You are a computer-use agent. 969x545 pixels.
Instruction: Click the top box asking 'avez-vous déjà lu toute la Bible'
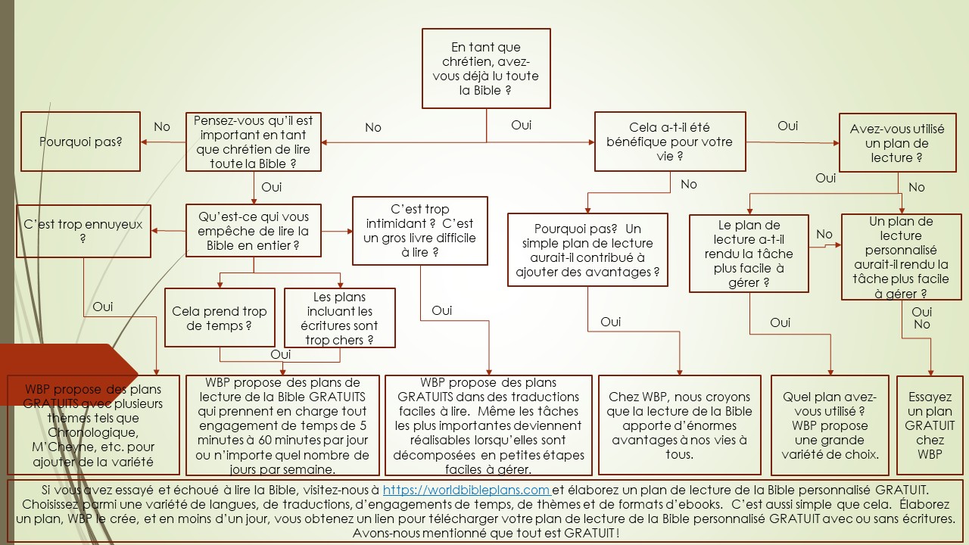(485, 69)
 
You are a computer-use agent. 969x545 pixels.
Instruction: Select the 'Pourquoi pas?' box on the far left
(80, 142)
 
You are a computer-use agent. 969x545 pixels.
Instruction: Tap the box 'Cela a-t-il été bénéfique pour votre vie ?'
(669, 142)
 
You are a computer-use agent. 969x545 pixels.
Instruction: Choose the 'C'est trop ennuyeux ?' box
(83, 231)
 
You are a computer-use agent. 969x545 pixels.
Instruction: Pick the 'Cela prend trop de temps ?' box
(220, 319)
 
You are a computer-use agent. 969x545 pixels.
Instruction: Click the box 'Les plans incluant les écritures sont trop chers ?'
(339, 318)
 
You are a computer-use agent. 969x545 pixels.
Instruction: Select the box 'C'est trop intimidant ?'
(419, 231)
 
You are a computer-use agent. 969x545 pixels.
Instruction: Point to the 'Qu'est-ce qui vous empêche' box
(253, 231)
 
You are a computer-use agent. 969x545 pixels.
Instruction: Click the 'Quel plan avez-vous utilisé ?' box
(830, 425)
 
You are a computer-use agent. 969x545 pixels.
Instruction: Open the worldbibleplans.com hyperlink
(466, 490)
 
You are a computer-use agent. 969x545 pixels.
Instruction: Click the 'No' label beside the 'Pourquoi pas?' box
(162, 127)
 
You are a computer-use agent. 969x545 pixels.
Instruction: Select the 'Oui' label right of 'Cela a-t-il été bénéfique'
(788, 126)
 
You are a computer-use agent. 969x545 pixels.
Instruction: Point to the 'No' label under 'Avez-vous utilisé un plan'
(916, 187)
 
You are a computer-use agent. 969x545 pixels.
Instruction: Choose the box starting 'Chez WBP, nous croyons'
(679, 425)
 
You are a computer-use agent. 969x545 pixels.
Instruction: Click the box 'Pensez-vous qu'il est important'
(253, 142)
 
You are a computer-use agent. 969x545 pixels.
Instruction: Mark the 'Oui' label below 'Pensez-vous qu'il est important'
(271, 187)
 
